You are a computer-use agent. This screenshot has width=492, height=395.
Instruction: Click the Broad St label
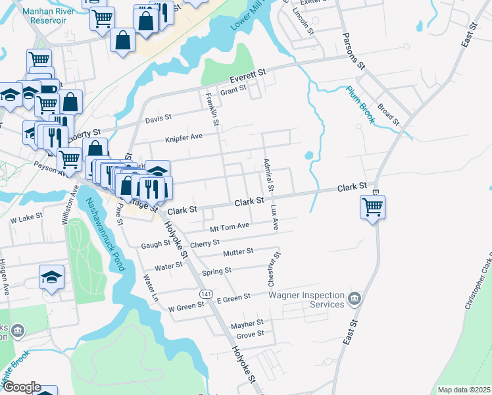[x=388, y=113]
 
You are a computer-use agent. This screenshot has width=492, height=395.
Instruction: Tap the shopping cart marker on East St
[x=372, y=207]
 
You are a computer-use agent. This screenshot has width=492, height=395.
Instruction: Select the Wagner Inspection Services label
[x=307, y=300]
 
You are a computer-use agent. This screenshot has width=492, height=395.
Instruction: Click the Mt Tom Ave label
[x=229, y=227]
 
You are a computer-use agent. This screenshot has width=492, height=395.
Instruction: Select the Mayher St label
[x=247, y=323]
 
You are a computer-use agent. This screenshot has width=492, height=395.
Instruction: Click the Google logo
[x=22, y=387]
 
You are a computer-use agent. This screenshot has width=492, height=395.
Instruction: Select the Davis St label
[x=158, y=118]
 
